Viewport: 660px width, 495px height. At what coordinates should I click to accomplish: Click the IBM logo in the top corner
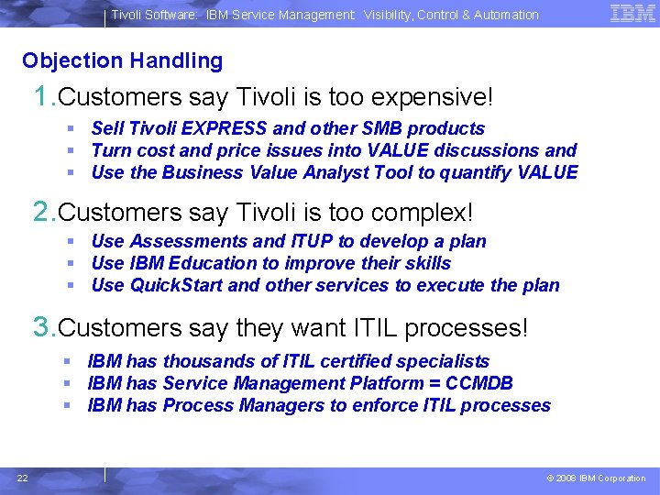coord(632,14)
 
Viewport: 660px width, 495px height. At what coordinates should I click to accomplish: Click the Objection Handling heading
coord(122,61)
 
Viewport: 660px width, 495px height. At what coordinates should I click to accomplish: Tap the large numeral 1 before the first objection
coord(41,95)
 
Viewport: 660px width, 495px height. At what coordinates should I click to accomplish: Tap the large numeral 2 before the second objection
coord(41,212)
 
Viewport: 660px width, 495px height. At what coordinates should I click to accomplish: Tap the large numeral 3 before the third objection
coord(41,327)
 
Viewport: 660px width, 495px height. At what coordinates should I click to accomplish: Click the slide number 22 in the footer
coord(23,478)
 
